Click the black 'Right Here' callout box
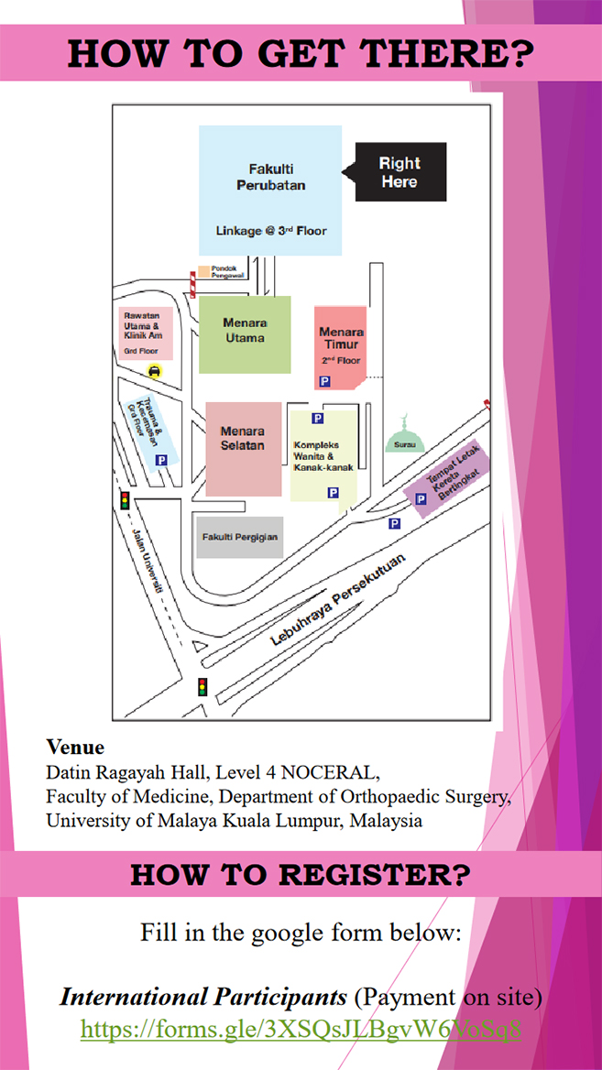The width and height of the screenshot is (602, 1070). pos(400,172)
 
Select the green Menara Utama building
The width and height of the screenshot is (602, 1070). pos(245,333)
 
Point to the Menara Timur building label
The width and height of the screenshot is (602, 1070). pos(341,339)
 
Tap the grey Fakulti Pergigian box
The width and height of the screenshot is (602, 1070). pos(239,537)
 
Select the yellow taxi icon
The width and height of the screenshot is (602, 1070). pos(155,370)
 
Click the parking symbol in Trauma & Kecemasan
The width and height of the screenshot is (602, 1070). pos(161,460)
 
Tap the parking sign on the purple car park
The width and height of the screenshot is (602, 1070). pos(421,499)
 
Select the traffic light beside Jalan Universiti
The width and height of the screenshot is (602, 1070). pos(125,500)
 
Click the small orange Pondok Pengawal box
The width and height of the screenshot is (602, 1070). pos(204,272)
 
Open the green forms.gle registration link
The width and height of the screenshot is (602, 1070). pos(301,1030)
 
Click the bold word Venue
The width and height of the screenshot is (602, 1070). pos(75,747)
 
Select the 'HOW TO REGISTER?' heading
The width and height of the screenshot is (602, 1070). pos(301,874)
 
